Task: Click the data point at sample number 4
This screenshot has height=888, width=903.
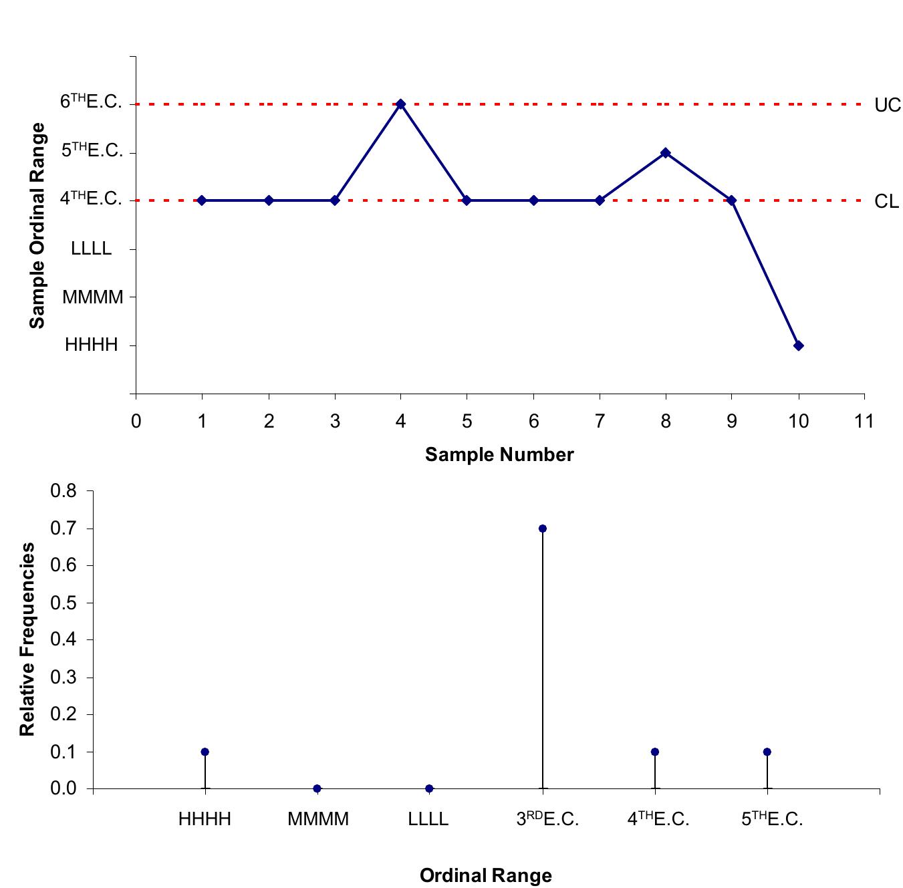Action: [400, 104]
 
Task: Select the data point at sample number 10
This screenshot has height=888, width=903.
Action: [798, 345]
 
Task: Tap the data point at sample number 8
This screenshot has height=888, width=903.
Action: [665, 152]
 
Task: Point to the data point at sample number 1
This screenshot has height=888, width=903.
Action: [202, 200]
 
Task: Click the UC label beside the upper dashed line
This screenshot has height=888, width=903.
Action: [887, 106]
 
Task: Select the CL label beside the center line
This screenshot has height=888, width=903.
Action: [886, 202]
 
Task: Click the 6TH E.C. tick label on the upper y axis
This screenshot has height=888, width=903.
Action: [91, 102]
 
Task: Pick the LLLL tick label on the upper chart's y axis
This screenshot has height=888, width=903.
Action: [92, 249]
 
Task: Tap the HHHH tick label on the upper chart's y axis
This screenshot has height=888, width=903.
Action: [92, 345]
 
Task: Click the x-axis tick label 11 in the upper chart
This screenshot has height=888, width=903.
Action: [864, 422]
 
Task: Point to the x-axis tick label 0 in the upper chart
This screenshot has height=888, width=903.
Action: [136, 422]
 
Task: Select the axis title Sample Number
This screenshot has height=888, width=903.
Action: [499, 455]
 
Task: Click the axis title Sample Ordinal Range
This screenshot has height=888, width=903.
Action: [38, 225]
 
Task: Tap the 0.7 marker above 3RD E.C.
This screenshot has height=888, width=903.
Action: [542, 529]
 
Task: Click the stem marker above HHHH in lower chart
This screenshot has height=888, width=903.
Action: [205, 752]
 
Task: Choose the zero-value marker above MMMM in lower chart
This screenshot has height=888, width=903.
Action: [317, 788]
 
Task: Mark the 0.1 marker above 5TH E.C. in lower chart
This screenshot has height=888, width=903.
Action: [767, 752]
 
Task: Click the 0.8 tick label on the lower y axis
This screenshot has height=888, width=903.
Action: [63, 492]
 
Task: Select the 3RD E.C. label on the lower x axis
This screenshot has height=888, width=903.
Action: [547, 819]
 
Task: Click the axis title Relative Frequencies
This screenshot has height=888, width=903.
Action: [27, 639]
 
